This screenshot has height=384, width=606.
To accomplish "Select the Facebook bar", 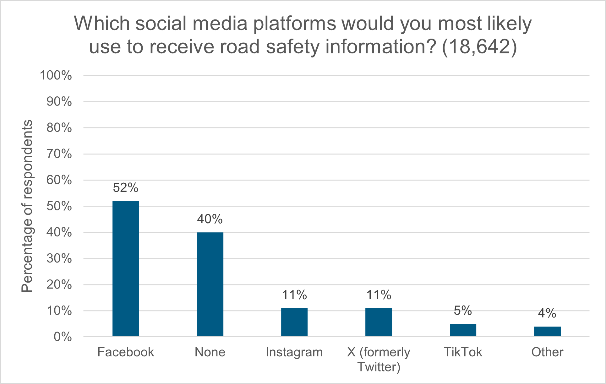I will (x=126, y=268).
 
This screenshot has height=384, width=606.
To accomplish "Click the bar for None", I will (x=210, y=284).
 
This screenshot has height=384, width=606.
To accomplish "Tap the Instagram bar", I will (x=294, y=322).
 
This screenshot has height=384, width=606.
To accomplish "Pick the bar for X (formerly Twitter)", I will (x=379, y=322).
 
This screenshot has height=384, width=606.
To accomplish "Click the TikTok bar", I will (x=463, y=330).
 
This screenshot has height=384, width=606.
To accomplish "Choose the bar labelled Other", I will (x=547, y=331).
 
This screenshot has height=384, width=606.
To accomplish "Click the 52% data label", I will (x=126, y=188).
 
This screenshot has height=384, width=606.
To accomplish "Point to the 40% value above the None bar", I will (x=210, y=219).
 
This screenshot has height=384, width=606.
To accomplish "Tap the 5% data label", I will (x=463, y=311).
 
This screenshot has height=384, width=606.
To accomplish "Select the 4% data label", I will (x=547, y=313).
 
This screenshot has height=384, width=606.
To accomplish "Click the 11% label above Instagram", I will (x=294, y=295).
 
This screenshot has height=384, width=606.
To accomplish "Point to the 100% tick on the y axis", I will (x=56, y=76).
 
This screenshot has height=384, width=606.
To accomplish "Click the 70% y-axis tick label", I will (x=59, y=154).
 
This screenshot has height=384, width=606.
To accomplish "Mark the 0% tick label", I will (x=63, y=337).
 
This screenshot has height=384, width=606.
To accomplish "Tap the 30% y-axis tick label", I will (x=59, y=259).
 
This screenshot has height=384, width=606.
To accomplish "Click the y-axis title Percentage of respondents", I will (x=27, y=206).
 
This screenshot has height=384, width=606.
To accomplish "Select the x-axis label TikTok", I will (x=463, y=352).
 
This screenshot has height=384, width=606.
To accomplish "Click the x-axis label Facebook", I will (x=126, y=352).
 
